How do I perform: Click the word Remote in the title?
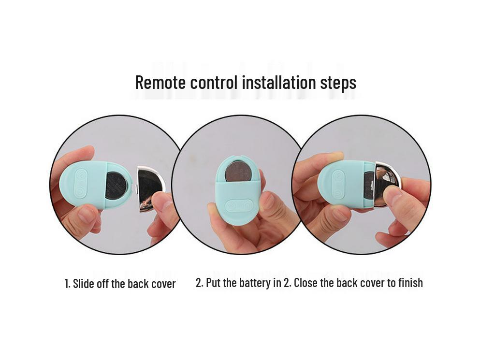(x=160, y=82)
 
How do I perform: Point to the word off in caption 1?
(x=103, y=284)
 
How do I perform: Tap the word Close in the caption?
(x=305, y=283)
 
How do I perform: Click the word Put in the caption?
(x=213, y=283)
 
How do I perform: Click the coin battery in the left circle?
(x=116, y=186)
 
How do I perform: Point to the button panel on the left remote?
(x=81, y=184)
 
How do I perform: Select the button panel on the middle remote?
(x=239, y=205)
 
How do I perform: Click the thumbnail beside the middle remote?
(x=267, y=200)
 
